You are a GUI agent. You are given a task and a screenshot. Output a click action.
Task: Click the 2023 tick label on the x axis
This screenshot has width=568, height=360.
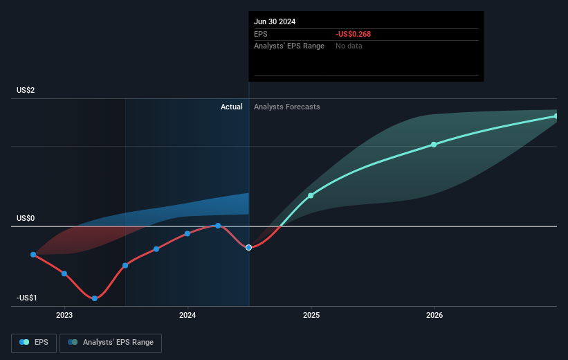pos(64,316)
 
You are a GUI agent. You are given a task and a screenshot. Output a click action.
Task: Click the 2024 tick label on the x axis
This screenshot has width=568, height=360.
pos(187,316)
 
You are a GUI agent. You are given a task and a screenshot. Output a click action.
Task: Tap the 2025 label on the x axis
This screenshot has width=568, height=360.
pos(311,316)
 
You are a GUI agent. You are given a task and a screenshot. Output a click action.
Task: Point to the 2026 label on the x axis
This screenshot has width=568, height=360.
pos(434,316)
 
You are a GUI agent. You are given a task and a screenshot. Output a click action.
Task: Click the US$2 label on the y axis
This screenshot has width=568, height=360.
pos(26,91)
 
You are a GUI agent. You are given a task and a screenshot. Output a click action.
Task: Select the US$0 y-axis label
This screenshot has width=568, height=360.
pos(26,218)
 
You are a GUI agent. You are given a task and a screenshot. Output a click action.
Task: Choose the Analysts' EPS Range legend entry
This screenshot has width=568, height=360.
pos(111,342)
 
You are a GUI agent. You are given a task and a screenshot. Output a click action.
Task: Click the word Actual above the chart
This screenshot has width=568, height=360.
pos(232,107)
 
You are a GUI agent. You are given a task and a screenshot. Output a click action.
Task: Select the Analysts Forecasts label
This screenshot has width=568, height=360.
pos(287,107)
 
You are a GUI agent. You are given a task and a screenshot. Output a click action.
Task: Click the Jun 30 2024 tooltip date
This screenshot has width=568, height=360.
pos(275,21)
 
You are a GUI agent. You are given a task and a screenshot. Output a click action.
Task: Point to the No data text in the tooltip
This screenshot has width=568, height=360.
pos(349,46)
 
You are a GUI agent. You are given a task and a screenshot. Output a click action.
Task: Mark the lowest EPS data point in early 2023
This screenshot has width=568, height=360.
pos(95,298)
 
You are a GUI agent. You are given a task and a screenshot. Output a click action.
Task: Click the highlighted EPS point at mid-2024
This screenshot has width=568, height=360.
pos(248,247)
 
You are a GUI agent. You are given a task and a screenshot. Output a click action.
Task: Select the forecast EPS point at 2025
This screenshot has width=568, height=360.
pos(311,195)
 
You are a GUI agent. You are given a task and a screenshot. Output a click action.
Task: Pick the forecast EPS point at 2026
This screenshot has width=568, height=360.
pos(434,144)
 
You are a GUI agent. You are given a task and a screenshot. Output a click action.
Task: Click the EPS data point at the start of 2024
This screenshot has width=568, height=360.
pos(187,233)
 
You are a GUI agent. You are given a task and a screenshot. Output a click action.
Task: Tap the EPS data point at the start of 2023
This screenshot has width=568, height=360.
pos(64,273)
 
